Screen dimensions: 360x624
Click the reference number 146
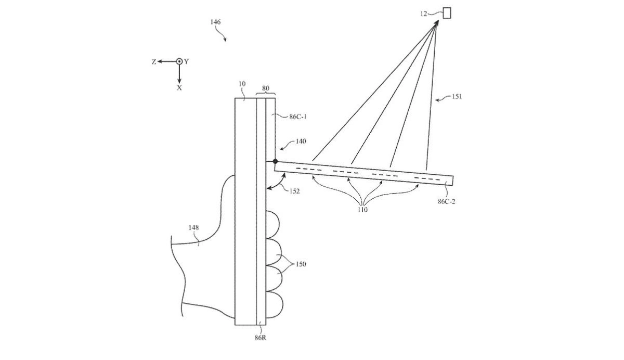click(215, 22)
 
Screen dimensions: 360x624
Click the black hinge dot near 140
click(275, 161)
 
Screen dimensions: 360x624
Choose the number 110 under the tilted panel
click(362, 210)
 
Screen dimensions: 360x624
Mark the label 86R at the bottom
click(261, 338)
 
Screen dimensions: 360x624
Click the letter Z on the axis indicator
click(154, 61)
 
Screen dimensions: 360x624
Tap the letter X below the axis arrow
click(179, 88)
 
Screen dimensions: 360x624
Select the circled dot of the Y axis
click(179, 61)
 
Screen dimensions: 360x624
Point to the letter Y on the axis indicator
click(187, 61)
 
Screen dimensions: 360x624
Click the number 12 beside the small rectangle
click(424, 14)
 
